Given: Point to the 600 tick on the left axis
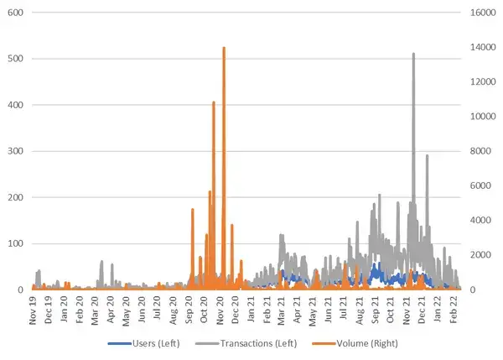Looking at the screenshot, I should [x=14, y=13].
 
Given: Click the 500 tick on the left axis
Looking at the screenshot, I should [x=14, y=60].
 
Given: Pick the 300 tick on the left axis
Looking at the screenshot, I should [x=14, y=152].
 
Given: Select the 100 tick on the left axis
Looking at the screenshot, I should [x=14, y=244].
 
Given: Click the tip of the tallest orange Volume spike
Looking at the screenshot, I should [x=224, y=48].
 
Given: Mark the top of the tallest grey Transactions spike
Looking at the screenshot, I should [x=413, y=54].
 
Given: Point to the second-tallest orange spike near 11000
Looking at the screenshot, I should [x=214, y=102].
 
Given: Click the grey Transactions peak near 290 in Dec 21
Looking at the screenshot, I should [x=427, y=155].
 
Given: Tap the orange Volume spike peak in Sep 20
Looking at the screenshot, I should [x=193, y=209].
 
